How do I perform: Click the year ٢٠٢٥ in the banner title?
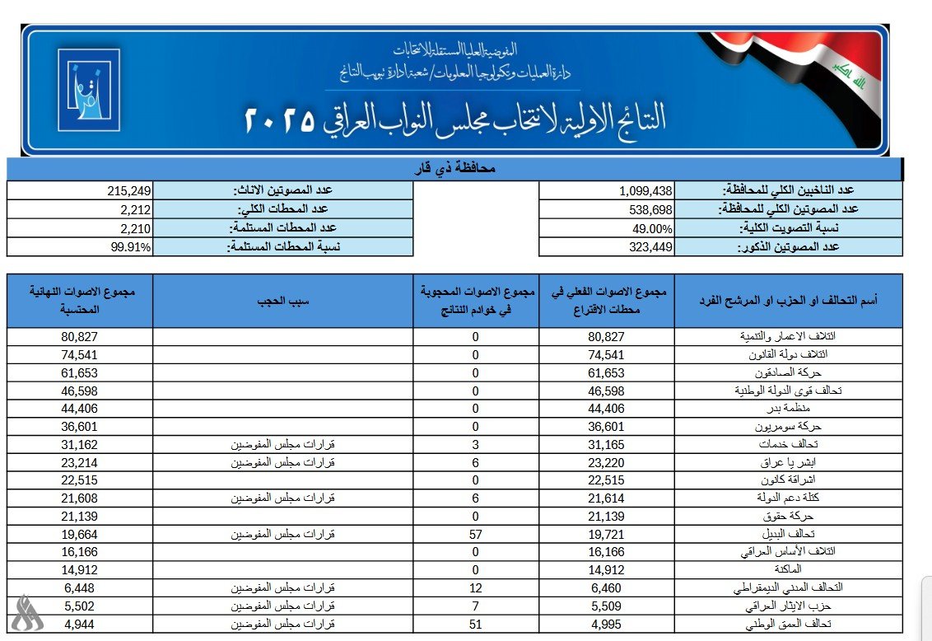click(x=279, y=120)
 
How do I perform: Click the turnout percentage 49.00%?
click(x=650, y=228)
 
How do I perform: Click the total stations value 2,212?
click(x=135, y=209)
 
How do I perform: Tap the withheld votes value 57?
click(x=475, y=535)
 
